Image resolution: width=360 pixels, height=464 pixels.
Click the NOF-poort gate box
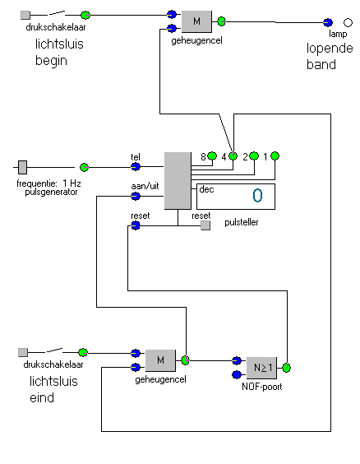[261, 368]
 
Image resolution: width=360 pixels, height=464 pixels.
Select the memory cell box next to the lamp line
[196, 21]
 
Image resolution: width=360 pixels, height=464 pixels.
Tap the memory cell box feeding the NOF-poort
[160, 360]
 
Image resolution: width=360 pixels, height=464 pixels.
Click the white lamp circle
[348, 22]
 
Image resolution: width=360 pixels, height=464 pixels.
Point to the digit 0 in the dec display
[257, 196]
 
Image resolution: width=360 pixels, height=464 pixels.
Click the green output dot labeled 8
[212, 155]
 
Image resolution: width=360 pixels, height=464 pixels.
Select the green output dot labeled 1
[275, 155]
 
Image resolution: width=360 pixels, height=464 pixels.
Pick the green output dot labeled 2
[254, 155]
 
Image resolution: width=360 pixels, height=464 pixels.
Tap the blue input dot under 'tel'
[136, 167]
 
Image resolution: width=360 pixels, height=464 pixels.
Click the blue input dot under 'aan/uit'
[136, 196]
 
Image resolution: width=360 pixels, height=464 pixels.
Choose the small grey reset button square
[205, 225]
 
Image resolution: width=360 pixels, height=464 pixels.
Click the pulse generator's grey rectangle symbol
[22, 167]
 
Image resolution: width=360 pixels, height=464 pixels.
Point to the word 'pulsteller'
[242, 222]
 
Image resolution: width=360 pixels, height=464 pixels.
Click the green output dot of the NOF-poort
[286, 368]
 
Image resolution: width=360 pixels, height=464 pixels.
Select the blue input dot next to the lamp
[327, 22]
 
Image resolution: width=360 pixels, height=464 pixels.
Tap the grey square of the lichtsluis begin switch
[25, 15]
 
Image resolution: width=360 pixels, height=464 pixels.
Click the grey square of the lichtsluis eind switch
[23, 352]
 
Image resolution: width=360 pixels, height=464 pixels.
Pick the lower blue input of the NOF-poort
[237, 375]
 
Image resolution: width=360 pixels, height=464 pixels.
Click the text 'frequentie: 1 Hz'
[48, 183]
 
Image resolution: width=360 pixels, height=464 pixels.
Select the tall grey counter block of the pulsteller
[178, 181]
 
